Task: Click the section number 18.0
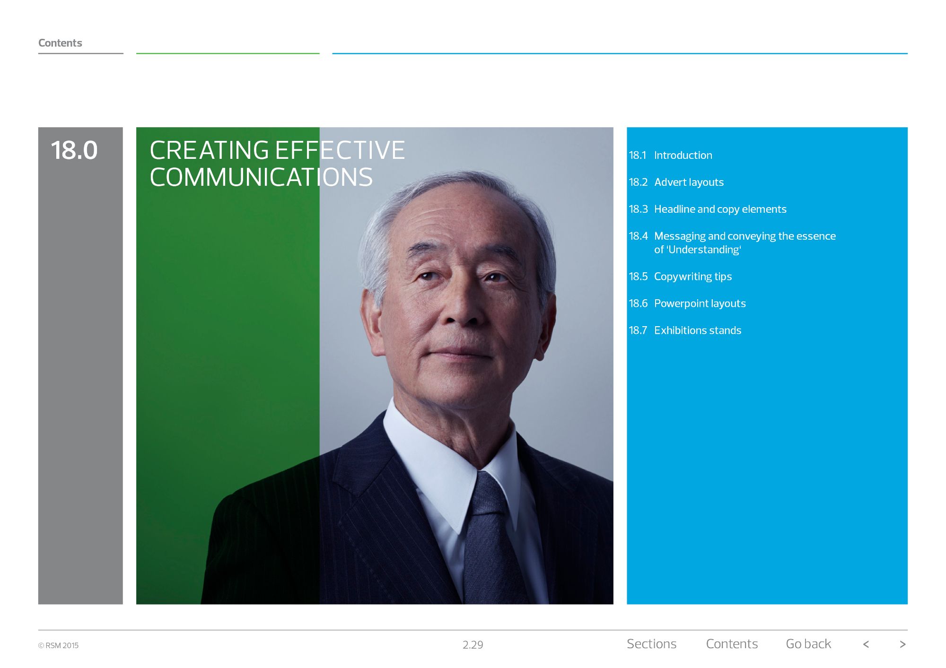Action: click(74, 150)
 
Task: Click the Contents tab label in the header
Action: click(60, 43)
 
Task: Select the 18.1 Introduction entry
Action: click(670, 155)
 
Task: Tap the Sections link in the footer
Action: click(651, 644)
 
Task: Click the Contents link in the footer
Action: click(732, 644)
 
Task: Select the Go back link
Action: click(808, 644)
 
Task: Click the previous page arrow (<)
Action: click(866, 644)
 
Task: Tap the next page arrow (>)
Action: click(902, 644)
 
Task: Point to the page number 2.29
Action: click(473, 645)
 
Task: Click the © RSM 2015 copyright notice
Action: click(58, 645)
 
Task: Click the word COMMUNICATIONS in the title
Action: click(261, 177)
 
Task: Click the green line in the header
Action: click(228, 53)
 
